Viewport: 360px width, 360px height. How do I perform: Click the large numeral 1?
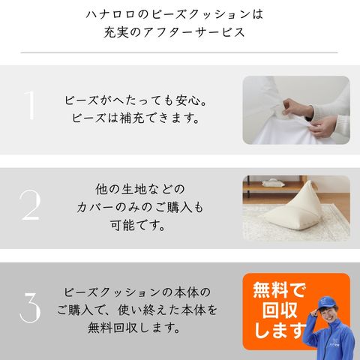[x=30, y=105]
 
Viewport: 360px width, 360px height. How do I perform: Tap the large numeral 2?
[x=30, y=205]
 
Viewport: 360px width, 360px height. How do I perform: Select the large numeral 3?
[x=30, y=307]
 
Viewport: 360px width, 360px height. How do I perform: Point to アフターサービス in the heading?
[x=193, y=33]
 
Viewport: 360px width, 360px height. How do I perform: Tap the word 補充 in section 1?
[x=132, y=118]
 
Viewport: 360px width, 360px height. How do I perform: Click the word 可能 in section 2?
[x=122, y=225]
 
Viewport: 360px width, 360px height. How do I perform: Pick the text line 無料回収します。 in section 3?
[x=133, y=328]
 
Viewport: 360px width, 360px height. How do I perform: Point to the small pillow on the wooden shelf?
[x=273, y=182]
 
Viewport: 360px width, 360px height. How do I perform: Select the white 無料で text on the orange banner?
[x=280, y=290]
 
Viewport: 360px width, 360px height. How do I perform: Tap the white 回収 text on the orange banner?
[x=280, y=310]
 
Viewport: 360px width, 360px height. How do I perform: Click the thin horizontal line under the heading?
[x=179, y=52]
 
